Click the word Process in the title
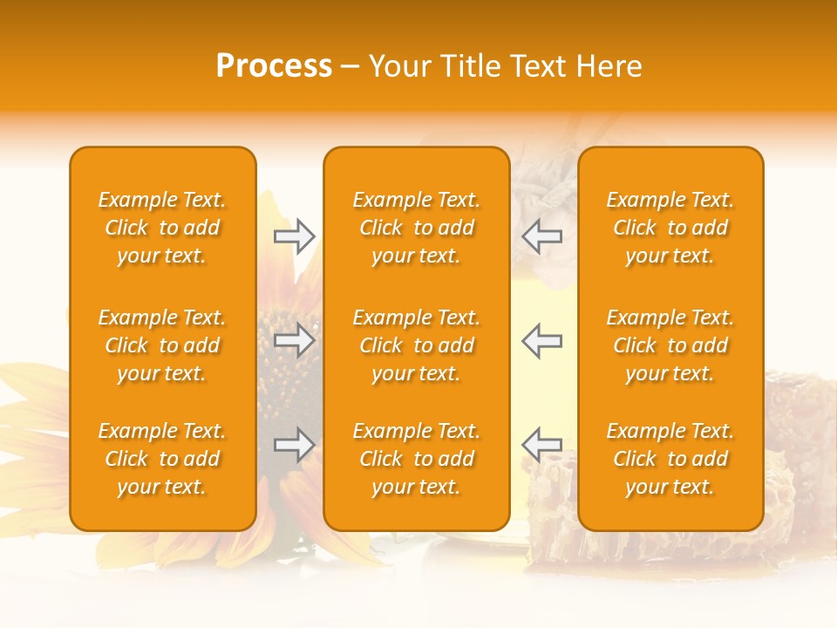[274, 66]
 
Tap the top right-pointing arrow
[295, 235]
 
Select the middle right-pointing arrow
[295, 340]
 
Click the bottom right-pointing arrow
[295, 445]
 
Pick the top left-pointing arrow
[542, 235]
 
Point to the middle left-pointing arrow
[542, 340]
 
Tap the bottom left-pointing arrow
[542, 445]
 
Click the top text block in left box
[162, 228]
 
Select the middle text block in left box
[162, 345]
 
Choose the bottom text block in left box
[162, 459]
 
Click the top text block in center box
[416, 228]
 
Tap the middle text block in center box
[416, 345]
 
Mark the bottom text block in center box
[416, 459]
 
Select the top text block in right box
[670, 228]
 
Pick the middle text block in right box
[670, 345]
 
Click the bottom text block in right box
[670, 459]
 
